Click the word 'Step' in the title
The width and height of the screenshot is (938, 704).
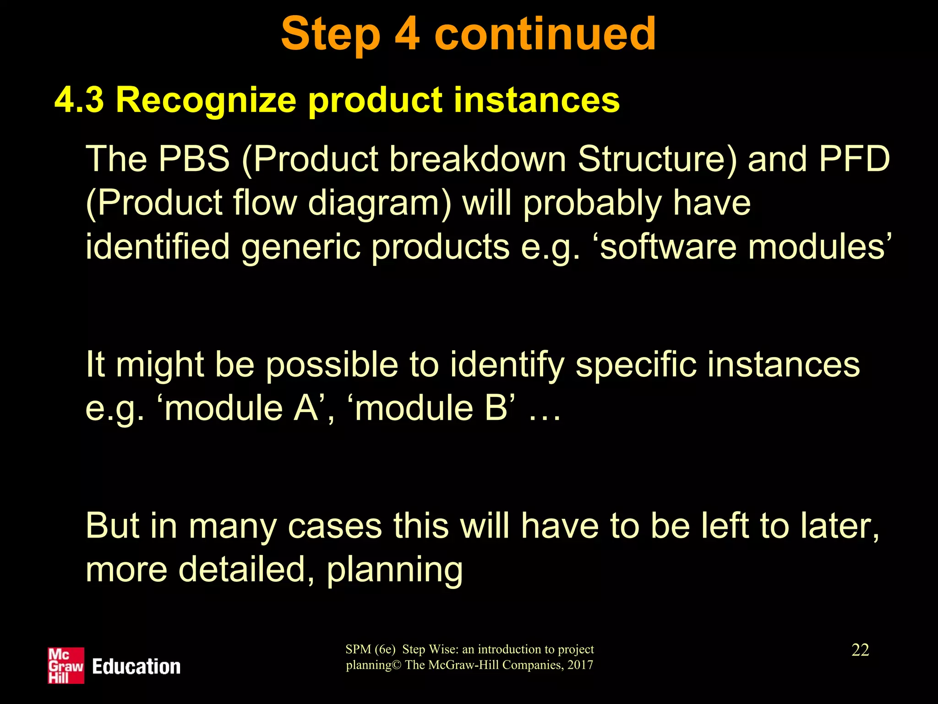click(x=331, y=34)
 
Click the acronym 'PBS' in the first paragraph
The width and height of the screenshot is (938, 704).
click(x=193, y=159)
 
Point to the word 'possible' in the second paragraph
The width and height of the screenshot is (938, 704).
click(x=332, y=365)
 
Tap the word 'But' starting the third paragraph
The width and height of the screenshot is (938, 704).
click(x=112, y=526)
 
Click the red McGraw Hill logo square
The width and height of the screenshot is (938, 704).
click(x=66, y=665)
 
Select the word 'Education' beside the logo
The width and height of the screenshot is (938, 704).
click(x=136, y=667)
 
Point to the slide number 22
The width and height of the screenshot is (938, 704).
click(x=860, y=650)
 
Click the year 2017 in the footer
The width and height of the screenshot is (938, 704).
click(x=580, y=665)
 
